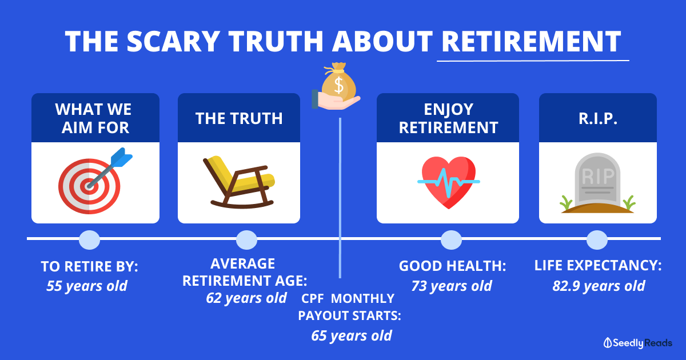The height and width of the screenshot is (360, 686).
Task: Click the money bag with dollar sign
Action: pyautogui.click(x=338, y=82)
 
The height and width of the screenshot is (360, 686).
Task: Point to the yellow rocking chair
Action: pyautogui.click(x=240, y=182)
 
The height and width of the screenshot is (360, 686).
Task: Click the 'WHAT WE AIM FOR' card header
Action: pyautogui.click(x=95, y=118)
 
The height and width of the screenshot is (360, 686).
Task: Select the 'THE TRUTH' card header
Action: pyautogui.click(x=239, y=118)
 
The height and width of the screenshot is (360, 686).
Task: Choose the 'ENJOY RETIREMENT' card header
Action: pyautogui.click(x=448, y=118)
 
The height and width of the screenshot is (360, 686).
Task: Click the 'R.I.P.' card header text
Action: pyautogui.click(x=598, y=118)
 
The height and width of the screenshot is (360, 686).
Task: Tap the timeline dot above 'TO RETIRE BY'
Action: pyautogui.click(x=89, y=239)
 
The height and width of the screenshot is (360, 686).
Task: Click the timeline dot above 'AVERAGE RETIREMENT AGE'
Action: pyautogui.click(x=246, y=239)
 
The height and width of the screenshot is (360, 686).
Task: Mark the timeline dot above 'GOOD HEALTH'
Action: pyautogui.click(x=451, y=239)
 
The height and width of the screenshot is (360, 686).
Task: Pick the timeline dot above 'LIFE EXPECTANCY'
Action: pyautogui.click(x=597, y=239)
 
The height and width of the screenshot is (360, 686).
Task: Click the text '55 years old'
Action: pyautogui.click(x=87, y=286)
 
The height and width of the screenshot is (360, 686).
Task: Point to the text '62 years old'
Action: pyautogui.click(x=246, y=298)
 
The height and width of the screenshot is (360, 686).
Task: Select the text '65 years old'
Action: pyautogui.click(x=352, y=335)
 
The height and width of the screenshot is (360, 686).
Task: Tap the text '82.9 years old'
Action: pyautogui.click(x=599, y=286)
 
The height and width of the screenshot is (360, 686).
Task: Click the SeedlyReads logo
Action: pyautogui.click(x=638, y=343)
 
